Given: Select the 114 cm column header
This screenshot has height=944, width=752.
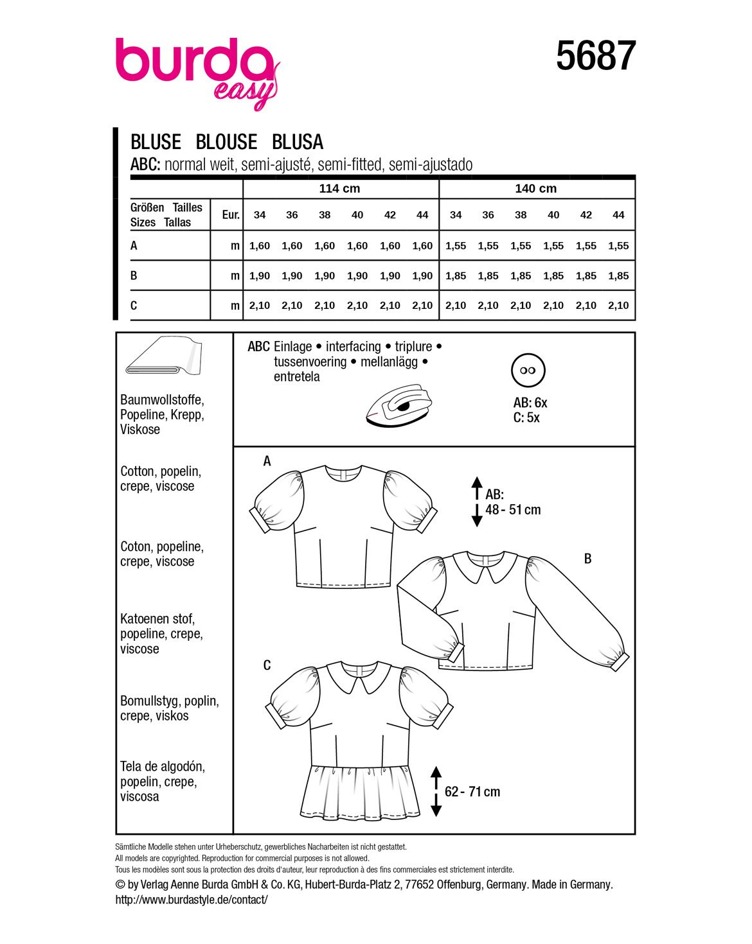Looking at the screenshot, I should [339, 188].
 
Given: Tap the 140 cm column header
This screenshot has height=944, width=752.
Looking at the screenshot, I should [535, 188].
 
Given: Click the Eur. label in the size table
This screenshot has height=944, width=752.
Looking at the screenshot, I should [230, 214].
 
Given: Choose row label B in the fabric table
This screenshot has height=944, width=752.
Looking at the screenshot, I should [134, 275].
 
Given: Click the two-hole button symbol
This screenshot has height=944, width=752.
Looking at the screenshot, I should [528, 371].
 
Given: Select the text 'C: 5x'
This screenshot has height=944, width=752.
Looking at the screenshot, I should [526, 417].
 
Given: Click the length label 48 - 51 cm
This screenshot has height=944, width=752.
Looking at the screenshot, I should [513, 510].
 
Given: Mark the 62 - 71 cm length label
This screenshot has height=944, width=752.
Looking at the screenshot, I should [472, 792].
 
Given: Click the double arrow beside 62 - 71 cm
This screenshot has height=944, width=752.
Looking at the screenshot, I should [436, 791].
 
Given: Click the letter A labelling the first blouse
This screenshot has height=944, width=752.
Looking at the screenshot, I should [267, 461].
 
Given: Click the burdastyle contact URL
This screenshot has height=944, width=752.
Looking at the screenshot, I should [192, 900].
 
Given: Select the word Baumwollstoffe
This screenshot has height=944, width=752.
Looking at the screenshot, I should [162, 400].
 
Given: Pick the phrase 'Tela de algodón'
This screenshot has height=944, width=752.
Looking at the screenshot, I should [162, 767].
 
